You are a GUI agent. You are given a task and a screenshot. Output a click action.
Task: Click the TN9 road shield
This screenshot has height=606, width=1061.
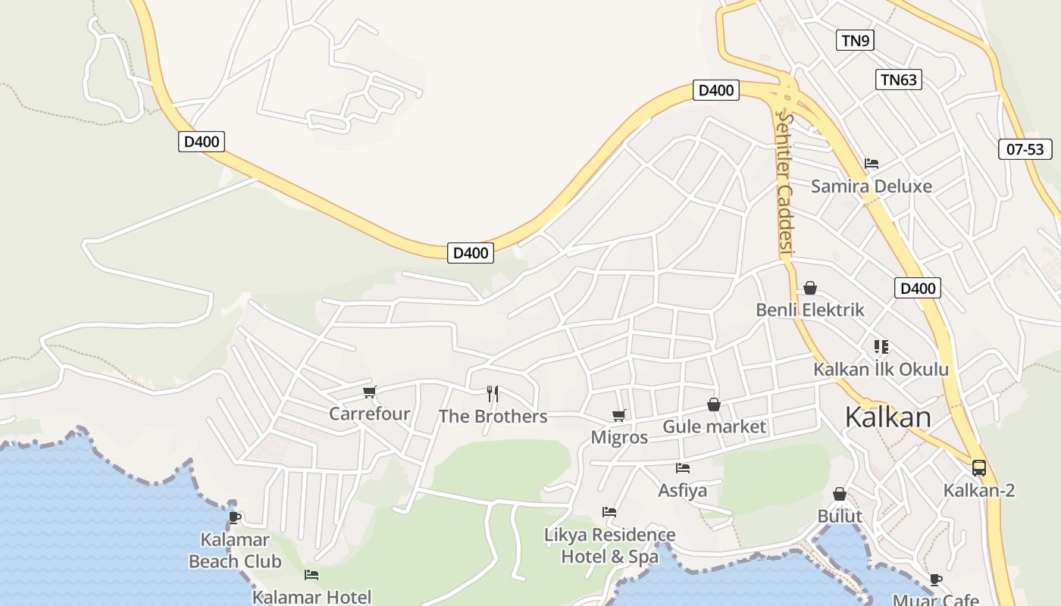tap(855, 41)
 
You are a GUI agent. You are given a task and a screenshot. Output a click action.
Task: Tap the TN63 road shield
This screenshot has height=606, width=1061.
tap(899, 80)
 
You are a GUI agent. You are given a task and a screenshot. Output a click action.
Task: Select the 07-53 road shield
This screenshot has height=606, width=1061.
tap(1025, 149)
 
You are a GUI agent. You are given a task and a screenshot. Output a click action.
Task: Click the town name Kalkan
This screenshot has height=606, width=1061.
tap(887, 417)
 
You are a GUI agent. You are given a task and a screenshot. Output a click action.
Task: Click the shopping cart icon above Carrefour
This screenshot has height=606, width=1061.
tap(370, 392)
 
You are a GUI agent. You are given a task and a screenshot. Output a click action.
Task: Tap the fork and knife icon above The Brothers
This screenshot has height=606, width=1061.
tap(493, 394)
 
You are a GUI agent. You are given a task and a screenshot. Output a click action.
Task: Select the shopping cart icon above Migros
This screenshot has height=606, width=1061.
tap(619, 416)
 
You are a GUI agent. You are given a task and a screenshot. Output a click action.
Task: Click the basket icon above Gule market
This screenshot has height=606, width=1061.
tap(713, 405)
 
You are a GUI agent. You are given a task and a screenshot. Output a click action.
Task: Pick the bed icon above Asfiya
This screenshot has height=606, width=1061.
tap(683, 468)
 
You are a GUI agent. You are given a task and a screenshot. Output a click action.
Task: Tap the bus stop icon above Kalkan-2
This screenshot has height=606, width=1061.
tap(979, 468)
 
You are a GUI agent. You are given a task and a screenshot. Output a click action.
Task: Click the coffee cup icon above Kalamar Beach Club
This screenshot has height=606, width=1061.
tap(235, 517)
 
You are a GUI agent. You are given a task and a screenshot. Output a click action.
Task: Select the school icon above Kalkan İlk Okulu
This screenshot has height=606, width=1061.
tap(881, 347)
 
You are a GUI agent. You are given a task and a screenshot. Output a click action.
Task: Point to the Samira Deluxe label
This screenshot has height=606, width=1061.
tap(872, 186)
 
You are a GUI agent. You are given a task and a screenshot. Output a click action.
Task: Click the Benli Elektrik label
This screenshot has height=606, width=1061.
tap(810, 310)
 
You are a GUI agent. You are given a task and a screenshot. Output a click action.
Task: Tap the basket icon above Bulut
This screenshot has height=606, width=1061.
tap(840, 495)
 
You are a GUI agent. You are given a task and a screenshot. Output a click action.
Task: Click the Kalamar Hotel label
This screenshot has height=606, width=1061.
tap(311, 597)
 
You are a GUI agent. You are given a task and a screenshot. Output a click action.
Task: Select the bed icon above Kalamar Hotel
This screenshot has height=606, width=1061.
tap(311, 575)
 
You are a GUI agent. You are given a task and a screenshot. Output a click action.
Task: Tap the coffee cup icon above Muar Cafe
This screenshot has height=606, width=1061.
tap(936, 580)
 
